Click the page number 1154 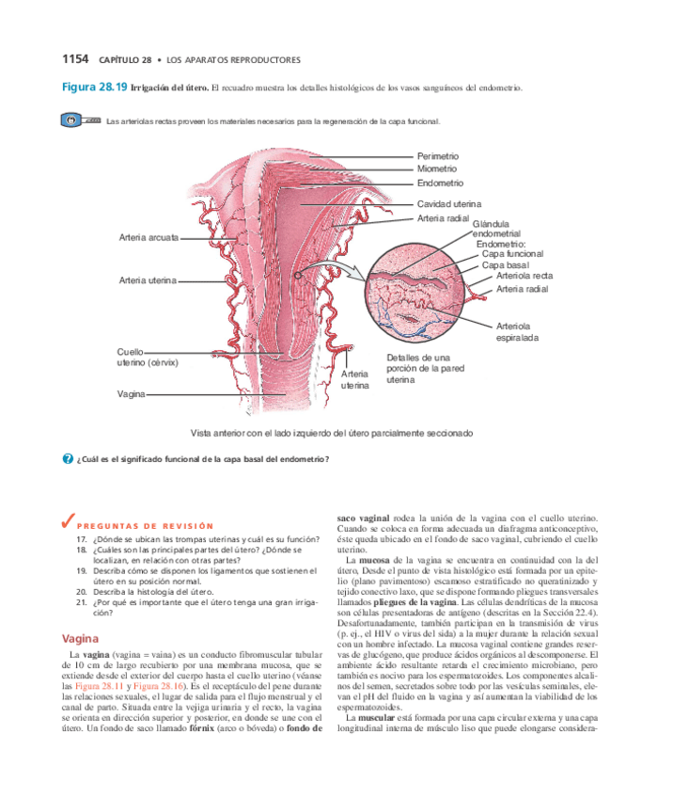(x=74, y=59)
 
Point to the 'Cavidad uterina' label (x=448, y=204)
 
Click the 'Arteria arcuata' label (x=149, y=237)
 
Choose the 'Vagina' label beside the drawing (x=131, y=393)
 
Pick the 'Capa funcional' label (x=511, y=254)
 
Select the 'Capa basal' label (x=506, y=265)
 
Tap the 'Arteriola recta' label (x=524, y=276)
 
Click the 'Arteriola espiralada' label (x=517, y=331)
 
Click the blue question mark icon (x=67, y=458)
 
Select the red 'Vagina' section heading (x=80, y=638)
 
